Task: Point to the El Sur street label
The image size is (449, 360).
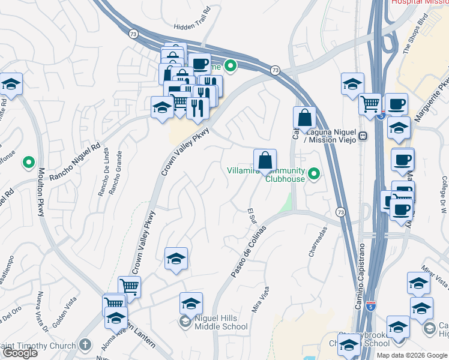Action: pyautogui.click(x=252, y=217)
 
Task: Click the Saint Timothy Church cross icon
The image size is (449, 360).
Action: pyautogui.click(x=85, y=345)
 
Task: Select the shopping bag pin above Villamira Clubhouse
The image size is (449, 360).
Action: pyautogui.click(x=265, y=161)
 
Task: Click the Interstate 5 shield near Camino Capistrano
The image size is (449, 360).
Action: pyautogui.click(x=372, y=308)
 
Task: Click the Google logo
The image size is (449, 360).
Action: pyautogui.click(x=20, y=353)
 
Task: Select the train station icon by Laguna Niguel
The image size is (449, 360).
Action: pyautogui.click(x=363, y=137)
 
